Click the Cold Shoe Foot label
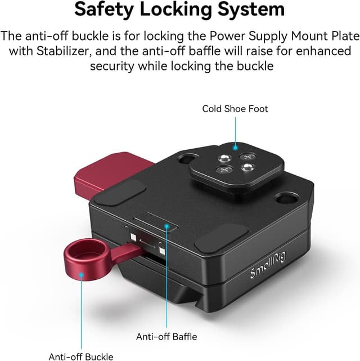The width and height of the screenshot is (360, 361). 235,109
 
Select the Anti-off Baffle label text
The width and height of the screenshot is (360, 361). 166,337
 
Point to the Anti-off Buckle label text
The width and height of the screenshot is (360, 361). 81,356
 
